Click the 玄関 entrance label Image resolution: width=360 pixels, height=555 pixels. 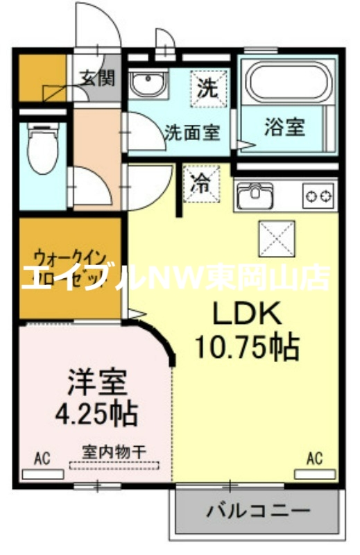click(x=98, y=77)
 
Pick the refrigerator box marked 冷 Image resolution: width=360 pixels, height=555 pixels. click(x=201, y=183)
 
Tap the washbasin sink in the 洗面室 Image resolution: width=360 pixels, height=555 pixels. click(x=146, y=84)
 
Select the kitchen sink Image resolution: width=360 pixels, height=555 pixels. click(x=255, y=195)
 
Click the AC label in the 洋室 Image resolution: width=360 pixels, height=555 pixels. click(x=43, y=458)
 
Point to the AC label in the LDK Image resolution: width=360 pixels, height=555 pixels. click(x=314, y=458)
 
